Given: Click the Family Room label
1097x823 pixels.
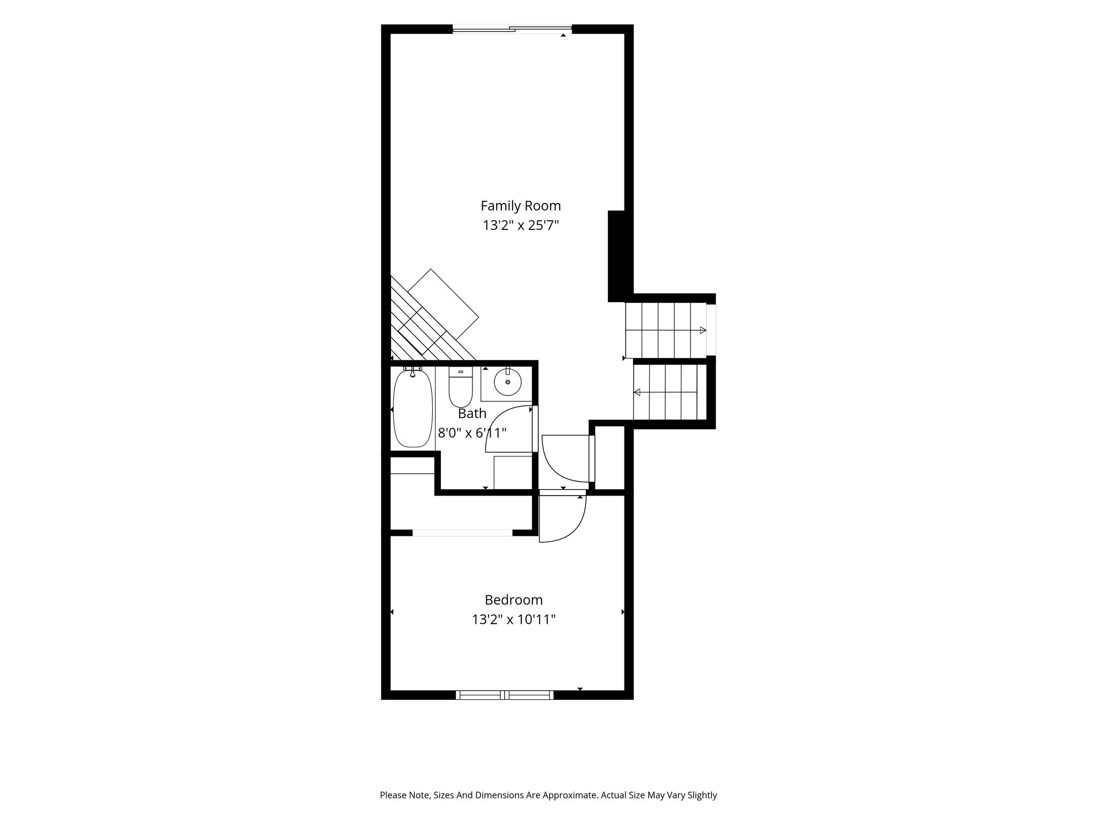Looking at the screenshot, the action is tap(520, 206).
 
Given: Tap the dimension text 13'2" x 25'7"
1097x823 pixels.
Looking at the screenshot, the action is tap(521, 226).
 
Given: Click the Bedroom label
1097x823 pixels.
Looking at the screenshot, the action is tap(514, 600).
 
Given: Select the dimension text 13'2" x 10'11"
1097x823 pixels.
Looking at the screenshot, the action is tap(514, 619).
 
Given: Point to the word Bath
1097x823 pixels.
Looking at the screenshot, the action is tap(472, 413).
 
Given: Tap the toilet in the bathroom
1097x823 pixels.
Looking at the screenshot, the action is tap(460, 387).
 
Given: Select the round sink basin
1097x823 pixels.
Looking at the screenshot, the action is tap(507, 382).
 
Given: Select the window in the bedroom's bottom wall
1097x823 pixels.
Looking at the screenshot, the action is tap(505, 695).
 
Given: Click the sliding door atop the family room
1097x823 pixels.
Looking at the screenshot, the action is tap(513, 29).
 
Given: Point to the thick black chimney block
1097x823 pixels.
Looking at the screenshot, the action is tap(617, 256).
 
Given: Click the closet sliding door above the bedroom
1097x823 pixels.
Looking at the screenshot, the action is tap(462, 533).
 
